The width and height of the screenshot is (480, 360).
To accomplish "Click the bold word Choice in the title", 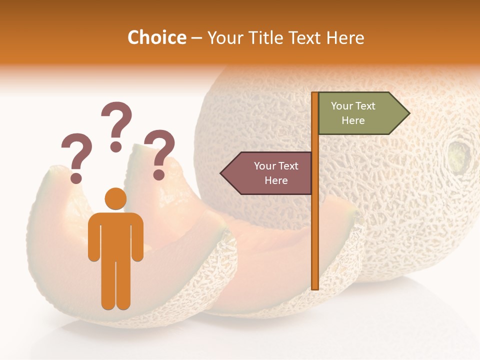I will [156, 37].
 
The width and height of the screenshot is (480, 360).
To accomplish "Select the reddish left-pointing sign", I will [270, 173].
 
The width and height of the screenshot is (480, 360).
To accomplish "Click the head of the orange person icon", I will [115, 198].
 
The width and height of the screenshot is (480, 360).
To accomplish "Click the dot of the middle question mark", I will [116, 146].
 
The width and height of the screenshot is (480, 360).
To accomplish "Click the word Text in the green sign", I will [367, 106].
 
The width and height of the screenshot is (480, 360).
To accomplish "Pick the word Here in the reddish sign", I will [276, 180].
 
